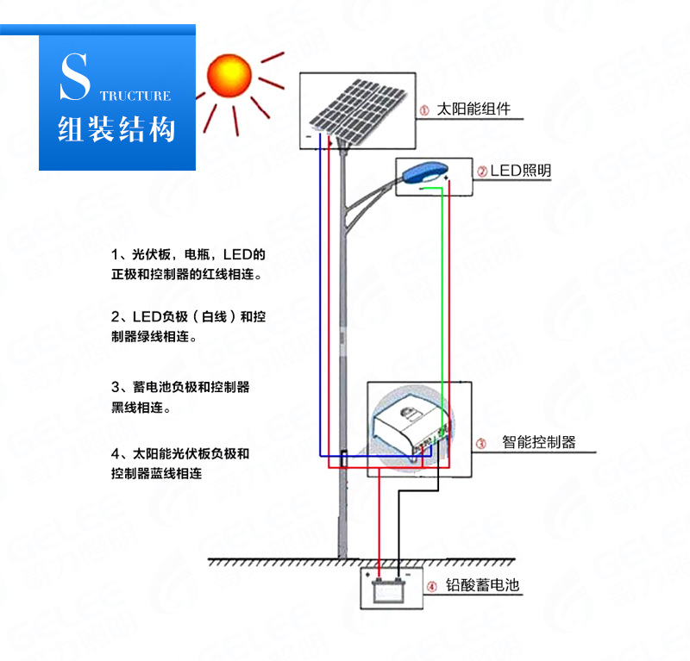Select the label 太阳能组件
coord(474,109)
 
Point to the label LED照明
coord(520,171)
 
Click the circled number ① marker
coord(423,111)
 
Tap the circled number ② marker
coord(482,171)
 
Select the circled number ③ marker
coord(481,444)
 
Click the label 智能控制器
coord(538,443)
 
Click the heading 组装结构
coord(116,129)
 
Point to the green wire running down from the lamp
coord(443,284)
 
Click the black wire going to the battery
coord(398,526)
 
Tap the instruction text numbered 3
coord(181,396)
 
